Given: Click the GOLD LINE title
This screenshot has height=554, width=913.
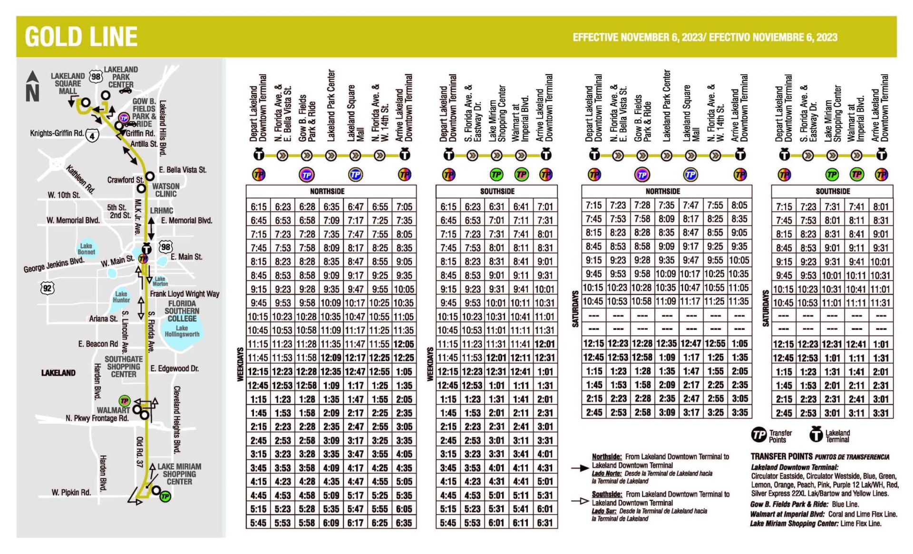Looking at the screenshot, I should pyautogui.click(x=81, y=37).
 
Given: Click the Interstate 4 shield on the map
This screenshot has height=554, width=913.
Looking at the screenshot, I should pyautogui.click(x=92, y=136).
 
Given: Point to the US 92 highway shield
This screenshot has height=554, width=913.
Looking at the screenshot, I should pyautogui.click(x=47, y=288).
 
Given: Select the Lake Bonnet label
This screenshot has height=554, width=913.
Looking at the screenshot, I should pyautogui.click(x=86, y=248).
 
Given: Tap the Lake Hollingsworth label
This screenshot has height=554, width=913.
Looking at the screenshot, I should pyautogui.click(x=182, y=331).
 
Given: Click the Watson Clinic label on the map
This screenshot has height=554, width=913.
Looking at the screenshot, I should pyautogui.click(x=165, y=190).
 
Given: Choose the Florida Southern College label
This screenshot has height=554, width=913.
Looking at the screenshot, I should pyautogui.click(x=182, y=311).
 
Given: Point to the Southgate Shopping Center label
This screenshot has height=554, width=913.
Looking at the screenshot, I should pyautogui.click(x=123, y=366).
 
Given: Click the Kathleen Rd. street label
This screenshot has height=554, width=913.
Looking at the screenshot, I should pyautogui.click(x=79, y=179).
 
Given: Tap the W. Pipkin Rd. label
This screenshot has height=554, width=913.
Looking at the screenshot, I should pyautogui.click(x=71, y=492).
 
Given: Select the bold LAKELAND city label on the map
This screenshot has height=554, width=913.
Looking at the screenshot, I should pyautogui.click(x=58, y=373).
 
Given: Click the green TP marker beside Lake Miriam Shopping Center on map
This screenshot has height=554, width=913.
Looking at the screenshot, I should pyautogui.click(x=165, y=497).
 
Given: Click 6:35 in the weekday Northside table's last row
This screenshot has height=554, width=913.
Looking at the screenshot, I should pyautogui.click(x=404, y=523).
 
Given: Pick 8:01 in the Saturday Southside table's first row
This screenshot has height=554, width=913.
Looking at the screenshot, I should pyautogui.click(x=881, y=207).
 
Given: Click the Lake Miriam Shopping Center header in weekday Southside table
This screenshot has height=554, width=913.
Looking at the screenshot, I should pyautogui.click(x=497, y=113).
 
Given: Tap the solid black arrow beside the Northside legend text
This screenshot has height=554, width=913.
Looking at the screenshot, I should pyautogui.click(x=580, y=468).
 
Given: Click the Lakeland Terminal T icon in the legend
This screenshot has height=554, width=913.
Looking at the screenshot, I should pyautogui.click(x=816, y=434).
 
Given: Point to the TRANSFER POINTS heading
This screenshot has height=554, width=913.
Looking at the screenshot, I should pyautogui.click(x=782, y=456).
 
